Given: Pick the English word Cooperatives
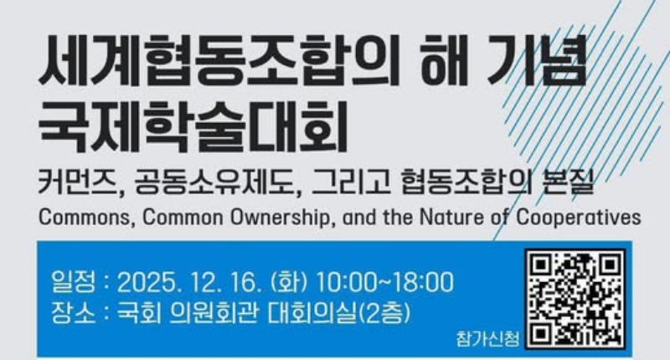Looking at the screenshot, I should click(x=581, y=217).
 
